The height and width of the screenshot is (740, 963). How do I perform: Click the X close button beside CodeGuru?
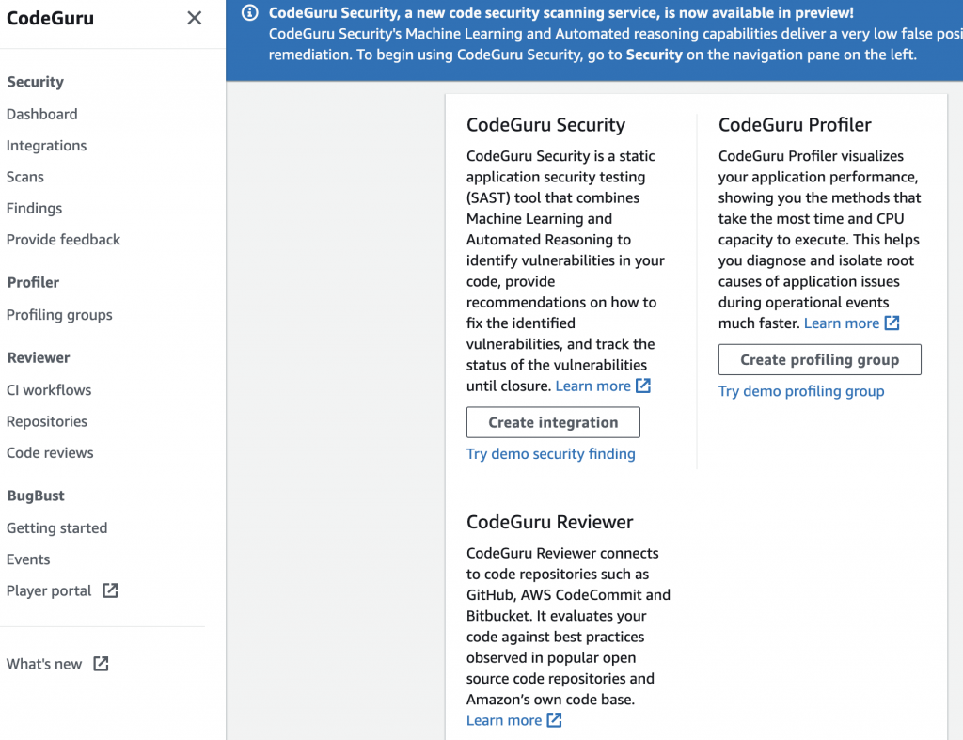coord(195,18)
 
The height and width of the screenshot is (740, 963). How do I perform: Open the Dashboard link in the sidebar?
coord(42,114)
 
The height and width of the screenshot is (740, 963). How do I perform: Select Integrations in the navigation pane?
coord(46,146)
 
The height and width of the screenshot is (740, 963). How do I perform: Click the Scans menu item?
coord(25,177)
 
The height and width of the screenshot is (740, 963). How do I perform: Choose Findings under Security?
coord(34,208)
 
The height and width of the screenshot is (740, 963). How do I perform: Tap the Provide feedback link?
coord(63,240)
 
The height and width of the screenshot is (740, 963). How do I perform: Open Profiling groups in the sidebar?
coord(59,315)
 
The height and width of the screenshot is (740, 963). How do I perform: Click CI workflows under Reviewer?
coord(49,390)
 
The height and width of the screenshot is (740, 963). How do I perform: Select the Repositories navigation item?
coord(47,421)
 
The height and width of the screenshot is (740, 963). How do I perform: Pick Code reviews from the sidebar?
coord(50,453)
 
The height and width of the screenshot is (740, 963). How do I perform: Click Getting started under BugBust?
coord(56,528)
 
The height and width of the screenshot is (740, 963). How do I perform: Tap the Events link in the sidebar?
coord(28,559)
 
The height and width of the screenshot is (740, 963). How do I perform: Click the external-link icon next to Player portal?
coord(110,590)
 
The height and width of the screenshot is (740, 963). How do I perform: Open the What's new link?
coord(44,664)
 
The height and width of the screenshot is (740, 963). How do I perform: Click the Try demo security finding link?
coord(550,454)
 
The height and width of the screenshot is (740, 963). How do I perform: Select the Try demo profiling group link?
coord(801,391)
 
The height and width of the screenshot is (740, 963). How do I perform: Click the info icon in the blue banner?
coord(249,13)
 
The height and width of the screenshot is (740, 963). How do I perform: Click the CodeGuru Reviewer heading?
coord(549,522)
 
